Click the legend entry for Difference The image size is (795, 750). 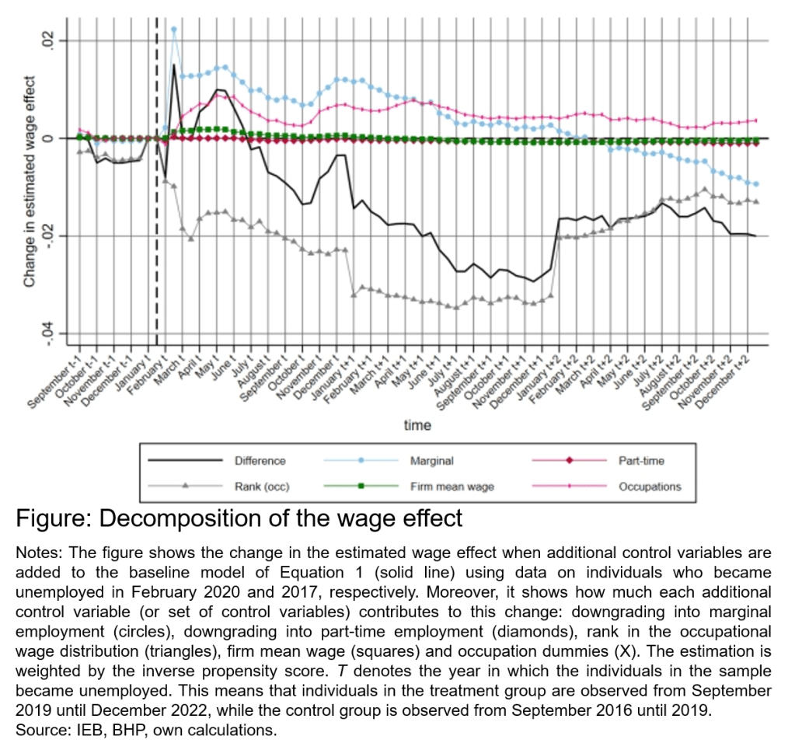(260, 461)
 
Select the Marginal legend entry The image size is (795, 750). (432, 461)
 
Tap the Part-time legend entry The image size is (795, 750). (641, 461)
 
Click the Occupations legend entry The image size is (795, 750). (649, 487)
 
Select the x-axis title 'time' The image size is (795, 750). (417, 426)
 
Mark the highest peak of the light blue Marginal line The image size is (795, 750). (174, 30)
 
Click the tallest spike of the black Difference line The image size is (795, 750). (174, 65)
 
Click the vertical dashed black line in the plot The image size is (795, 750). (157, 233)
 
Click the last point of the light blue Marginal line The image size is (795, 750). (755, 184)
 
